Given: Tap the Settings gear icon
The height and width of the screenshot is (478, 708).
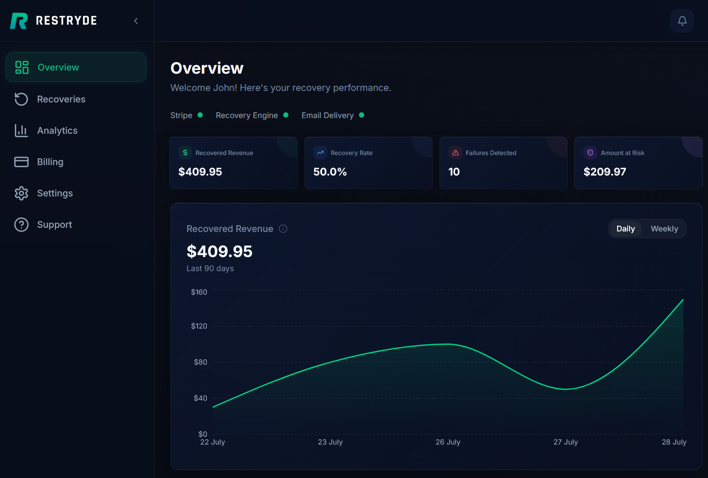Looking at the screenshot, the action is point(21,193).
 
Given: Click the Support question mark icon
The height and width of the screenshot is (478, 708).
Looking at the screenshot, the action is point(21,225).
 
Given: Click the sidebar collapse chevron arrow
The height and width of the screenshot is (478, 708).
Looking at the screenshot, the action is point(136,21).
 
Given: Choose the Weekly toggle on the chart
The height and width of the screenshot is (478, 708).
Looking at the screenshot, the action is point(664,229).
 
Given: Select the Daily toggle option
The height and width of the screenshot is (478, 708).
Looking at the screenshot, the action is point(625,229).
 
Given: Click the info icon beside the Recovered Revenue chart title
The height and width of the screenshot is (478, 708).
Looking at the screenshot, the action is point(283,229).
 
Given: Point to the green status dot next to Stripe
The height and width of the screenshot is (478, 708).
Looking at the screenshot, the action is point(200,115).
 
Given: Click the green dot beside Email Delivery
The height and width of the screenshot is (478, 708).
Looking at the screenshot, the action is point(362,115).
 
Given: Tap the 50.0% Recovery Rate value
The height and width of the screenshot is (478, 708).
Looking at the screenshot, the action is point(330,172).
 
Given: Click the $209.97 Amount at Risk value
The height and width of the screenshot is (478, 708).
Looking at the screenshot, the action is point(605,172).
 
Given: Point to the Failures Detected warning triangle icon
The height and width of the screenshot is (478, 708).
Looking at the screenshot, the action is point(455,153).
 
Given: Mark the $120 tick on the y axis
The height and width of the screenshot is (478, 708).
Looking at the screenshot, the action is point(199,326).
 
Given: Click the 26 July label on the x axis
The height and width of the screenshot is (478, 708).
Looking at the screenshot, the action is point(448,442).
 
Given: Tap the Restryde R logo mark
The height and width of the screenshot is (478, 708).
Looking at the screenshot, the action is point(19,21).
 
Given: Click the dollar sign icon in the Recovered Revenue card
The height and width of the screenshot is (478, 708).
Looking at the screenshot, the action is point(185,153).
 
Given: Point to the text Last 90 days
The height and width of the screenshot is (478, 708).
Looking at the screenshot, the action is point(210,269).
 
